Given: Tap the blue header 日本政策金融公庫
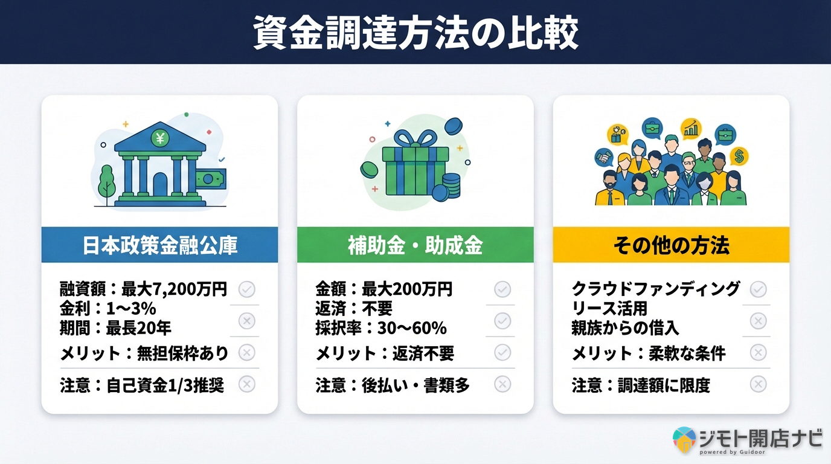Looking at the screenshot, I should click(159, 245).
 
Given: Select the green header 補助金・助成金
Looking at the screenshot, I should click(415, 245).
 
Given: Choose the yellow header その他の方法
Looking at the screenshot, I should click(671, 245).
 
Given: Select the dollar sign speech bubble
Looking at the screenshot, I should click(739, 156).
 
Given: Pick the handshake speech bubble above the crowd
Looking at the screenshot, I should click(603, 158).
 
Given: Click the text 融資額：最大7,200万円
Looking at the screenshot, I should click(144, 289).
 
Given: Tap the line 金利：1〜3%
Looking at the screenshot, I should click(108, 309).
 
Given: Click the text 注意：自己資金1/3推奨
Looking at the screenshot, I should click(142, 385).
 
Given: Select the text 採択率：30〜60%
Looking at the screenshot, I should click(381, 328).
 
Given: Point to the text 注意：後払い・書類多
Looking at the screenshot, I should click(393, 385).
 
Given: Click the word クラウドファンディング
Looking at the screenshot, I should click(656, 289).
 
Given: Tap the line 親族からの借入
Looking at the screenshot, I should click(625, 328).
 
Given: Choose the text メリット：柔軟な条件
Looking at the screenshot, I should click(649, 353).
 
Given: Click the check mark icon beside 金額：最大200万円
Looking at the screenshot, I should click(502, 289).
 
